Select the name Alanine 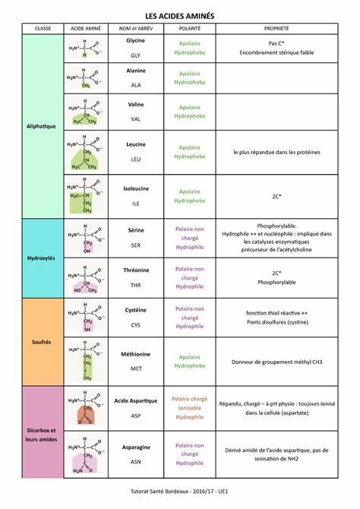click(x=136, y=70)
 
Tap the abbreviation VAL click(x=136, y=119)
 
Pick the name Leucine click(x=136, y=143)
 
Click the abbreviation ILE click(x=136, y=204)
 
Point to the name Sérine click(x=136, y=229)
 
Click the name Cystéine click(x=136, y=311)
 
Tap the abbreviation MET click(x=136, y=368)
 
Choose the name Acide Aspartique click(x=136, y=400)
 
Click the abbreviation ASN click(x=136, y=460)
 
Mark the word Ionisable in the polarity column click(x=189, y=408)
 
